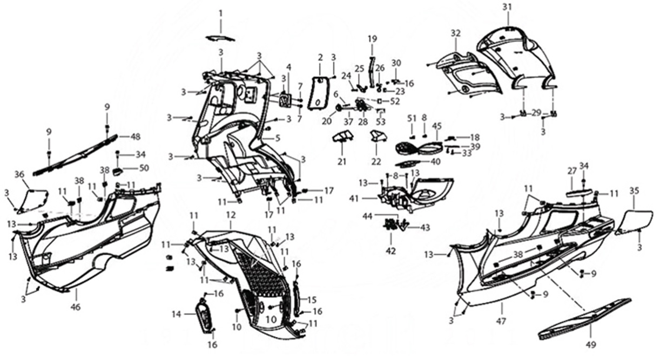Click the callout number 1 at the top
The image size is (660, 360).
[x=220, y=12]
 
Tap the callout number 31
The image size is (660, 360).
[x=506, y=7]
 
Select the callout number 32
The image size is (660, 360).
[x=455, y=33]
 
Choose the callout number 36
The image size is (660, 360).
[x=19, y=174]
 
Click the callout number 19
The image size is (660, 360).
[x=372, y=39]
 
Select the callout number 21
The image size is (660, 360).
[x=341, y=161]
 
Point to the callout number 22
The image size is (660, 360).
[x=376, y=161]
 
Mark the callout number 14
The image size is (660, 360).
[x=177, y=314]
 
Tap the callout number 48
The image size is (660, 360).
[x=135, y=137]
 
